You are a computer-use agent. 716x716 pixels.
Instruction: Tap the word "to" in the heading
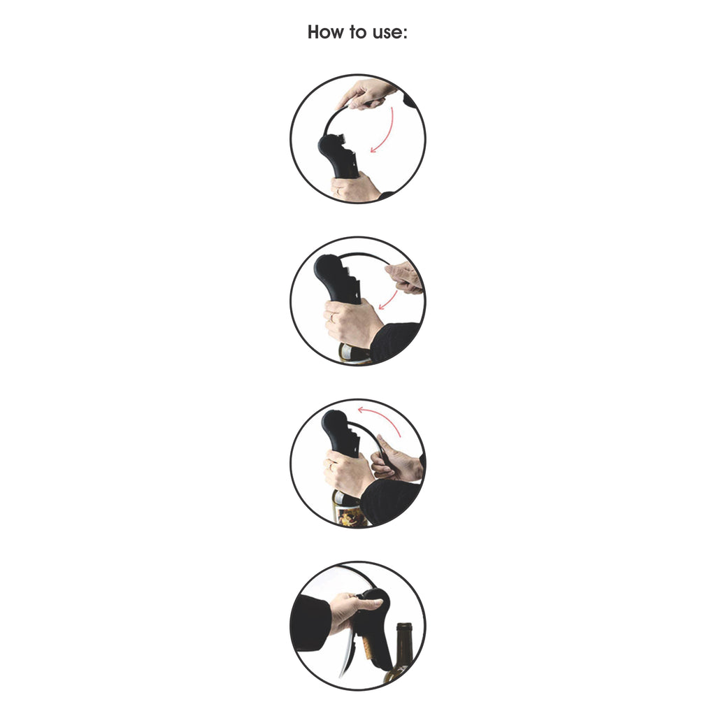pyautogui.click(x=359, y=32)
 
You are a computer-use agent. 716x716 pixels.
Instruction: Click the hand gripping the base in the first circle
pyautogui.click(x=354, y=188)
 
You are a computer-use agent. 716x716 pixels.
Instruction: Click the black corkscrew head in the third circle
pyautogui.click(x=341, y=431)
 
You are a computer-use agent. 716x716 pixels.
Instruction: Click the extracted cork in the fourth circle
pyautogui.click(x=366, y=645)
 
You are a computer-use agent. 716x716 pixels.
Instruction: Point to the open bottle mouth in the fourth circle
pyautogui.click(x=404, y=626)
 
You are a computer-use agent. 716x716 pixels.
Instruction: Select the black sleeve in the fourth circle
pyautogui.click(x=311, y=623)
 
